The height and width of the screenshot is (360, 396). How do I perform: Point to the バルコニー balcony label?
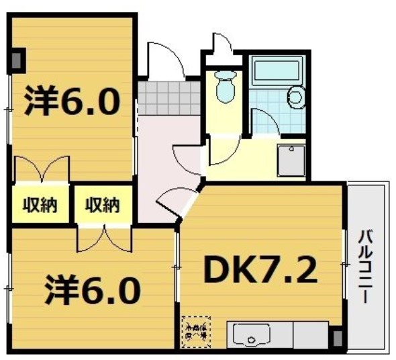[366, 267]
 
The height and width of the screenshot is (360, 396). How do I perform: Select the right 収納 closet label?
[102, 205]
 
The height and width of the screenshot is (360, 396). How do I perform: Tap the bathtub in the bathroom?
[278, 69]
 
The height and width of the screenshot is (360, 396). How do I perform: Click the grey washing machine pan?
[291, 160]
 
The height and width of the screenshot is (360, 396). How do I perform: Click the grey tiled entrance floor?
[169, 97]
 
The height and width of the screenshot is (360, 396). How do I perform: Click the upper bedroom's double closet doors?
[42, 169]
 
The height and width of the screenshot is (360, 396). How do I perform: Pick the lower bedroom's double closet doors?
[103, 240]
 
